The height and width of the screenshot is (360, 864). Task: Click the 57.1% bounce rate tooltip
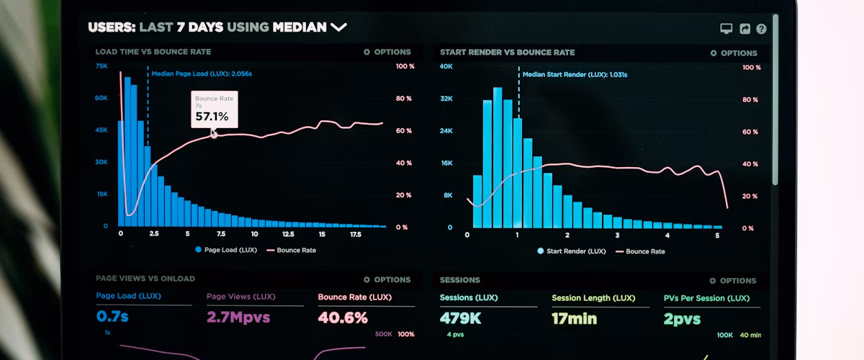[213, 109]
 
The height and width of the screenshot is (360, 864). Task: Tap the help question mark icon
[761, 29]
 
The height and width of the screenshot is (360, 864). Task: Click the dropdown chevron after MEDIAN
[338, 27]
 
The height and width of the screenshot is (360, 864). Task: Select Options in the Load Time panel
[387, 52]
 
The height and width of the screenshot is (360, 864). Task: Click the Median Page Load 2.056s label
[202, 73]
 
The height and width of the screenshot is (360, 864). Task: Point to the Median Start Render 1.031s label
[575, 74]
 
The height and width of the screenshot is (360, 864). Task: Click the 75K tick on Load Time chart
[102, 66]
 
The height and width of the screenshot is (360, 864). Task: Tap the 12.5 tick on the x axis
[288, 234]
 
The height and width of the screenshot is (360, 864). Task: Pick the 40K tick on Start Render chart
[446, 66]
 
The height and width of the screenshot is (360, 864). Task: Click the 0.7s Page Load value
[112, 316]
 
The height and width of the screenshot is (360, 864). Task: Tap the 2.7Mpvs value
[238, 317]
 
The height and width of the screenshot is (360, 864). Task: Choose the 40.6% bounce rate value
[343, 318]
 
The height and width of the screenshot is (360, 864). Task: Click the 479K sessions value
[461, 318]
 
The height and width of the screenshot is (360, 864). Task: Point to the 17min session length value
[575, 318]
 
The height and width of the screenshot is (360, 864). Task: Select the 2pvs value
[682, 318]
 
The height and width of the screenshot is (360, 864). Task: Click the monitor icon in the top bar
[726, 29]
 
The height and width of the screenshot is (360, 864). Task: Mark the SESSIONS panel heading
[460, 280]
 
